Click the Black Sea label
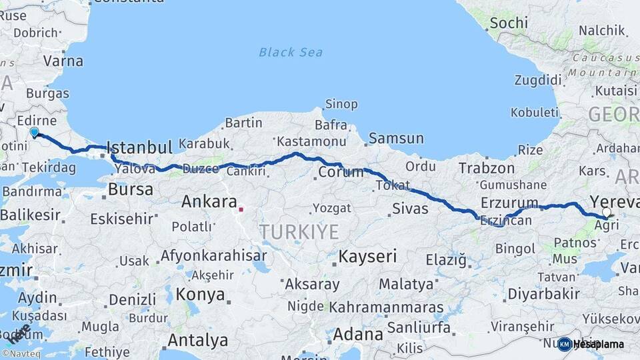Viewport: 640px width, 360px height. [x=291, y=52]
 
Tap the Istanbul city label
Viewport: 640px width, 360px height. [x=139, y=147]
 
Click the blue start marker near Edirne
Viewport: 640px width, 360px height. [x=35, y=132]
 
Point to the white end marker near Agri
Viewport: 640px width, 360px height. [x=606, y=213]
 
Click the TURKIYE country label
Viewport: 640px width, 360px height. [x=299, y=232]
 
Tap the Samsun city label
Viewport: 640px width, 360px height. [x=396, y=139]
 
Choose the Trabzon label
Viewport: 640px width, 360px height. [x=487, y=169]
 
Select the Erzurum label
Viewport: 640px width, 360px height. [x=508, y=203]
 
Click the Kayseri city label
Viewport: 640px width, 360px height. [x=367, y=256]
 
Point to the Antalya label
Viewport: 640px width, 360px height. [x=197, y=340]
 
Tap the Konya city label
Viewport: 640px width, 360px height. [x=201, y=293]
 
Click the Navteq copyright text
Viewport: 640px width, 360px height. [x=20, y=354]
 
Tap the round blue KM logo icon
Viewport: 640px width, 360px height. [x=565, y=344]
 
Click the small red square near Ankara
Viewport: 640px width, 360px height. [x=241, y=209]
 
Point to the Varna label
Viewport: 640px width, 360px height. [x=64, y=61]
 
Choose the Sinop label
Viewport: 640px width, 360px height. [x=341, y=104]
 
